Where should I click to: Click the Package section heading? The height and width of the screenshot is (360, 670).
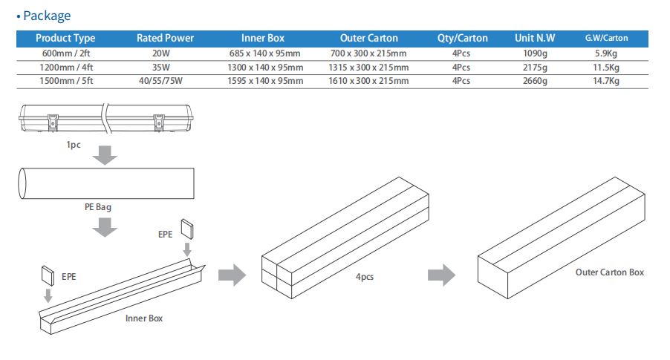click(x=46, y=16)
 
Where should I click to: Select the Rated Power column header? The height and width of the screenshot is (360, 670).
click(x=164, y=38)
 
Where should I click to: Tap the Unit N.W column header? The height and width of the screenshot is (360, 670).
click(x=534, y=38)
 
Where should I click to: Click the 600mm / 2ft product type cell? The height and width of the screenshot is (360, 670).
click(x=65, y=53)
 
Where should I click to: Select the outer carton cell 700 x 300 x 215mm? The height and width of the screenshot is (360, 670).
click(x=368, y=53)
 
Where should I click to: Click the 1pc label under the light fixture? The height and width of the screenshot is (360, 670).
click(x=73, y=145)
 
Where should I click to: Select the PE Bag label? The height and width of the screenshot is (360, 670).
click(x=97, y=207)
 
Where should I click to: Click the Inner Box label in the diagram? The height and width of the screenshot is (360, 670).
click(x=144, y=318)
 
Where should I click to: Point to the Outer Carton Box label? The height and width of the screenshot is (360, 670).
click(x=610, y=272)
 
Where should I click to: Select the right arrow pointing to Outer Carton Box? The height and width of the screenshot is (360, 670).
click(x=441, y=275)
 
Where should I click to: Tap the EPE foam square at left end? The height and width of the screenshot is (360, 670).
click(x=48, y=276)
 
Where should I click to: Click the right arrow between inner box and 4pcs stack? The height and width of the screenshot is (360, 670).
click(x=232, y=275)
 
